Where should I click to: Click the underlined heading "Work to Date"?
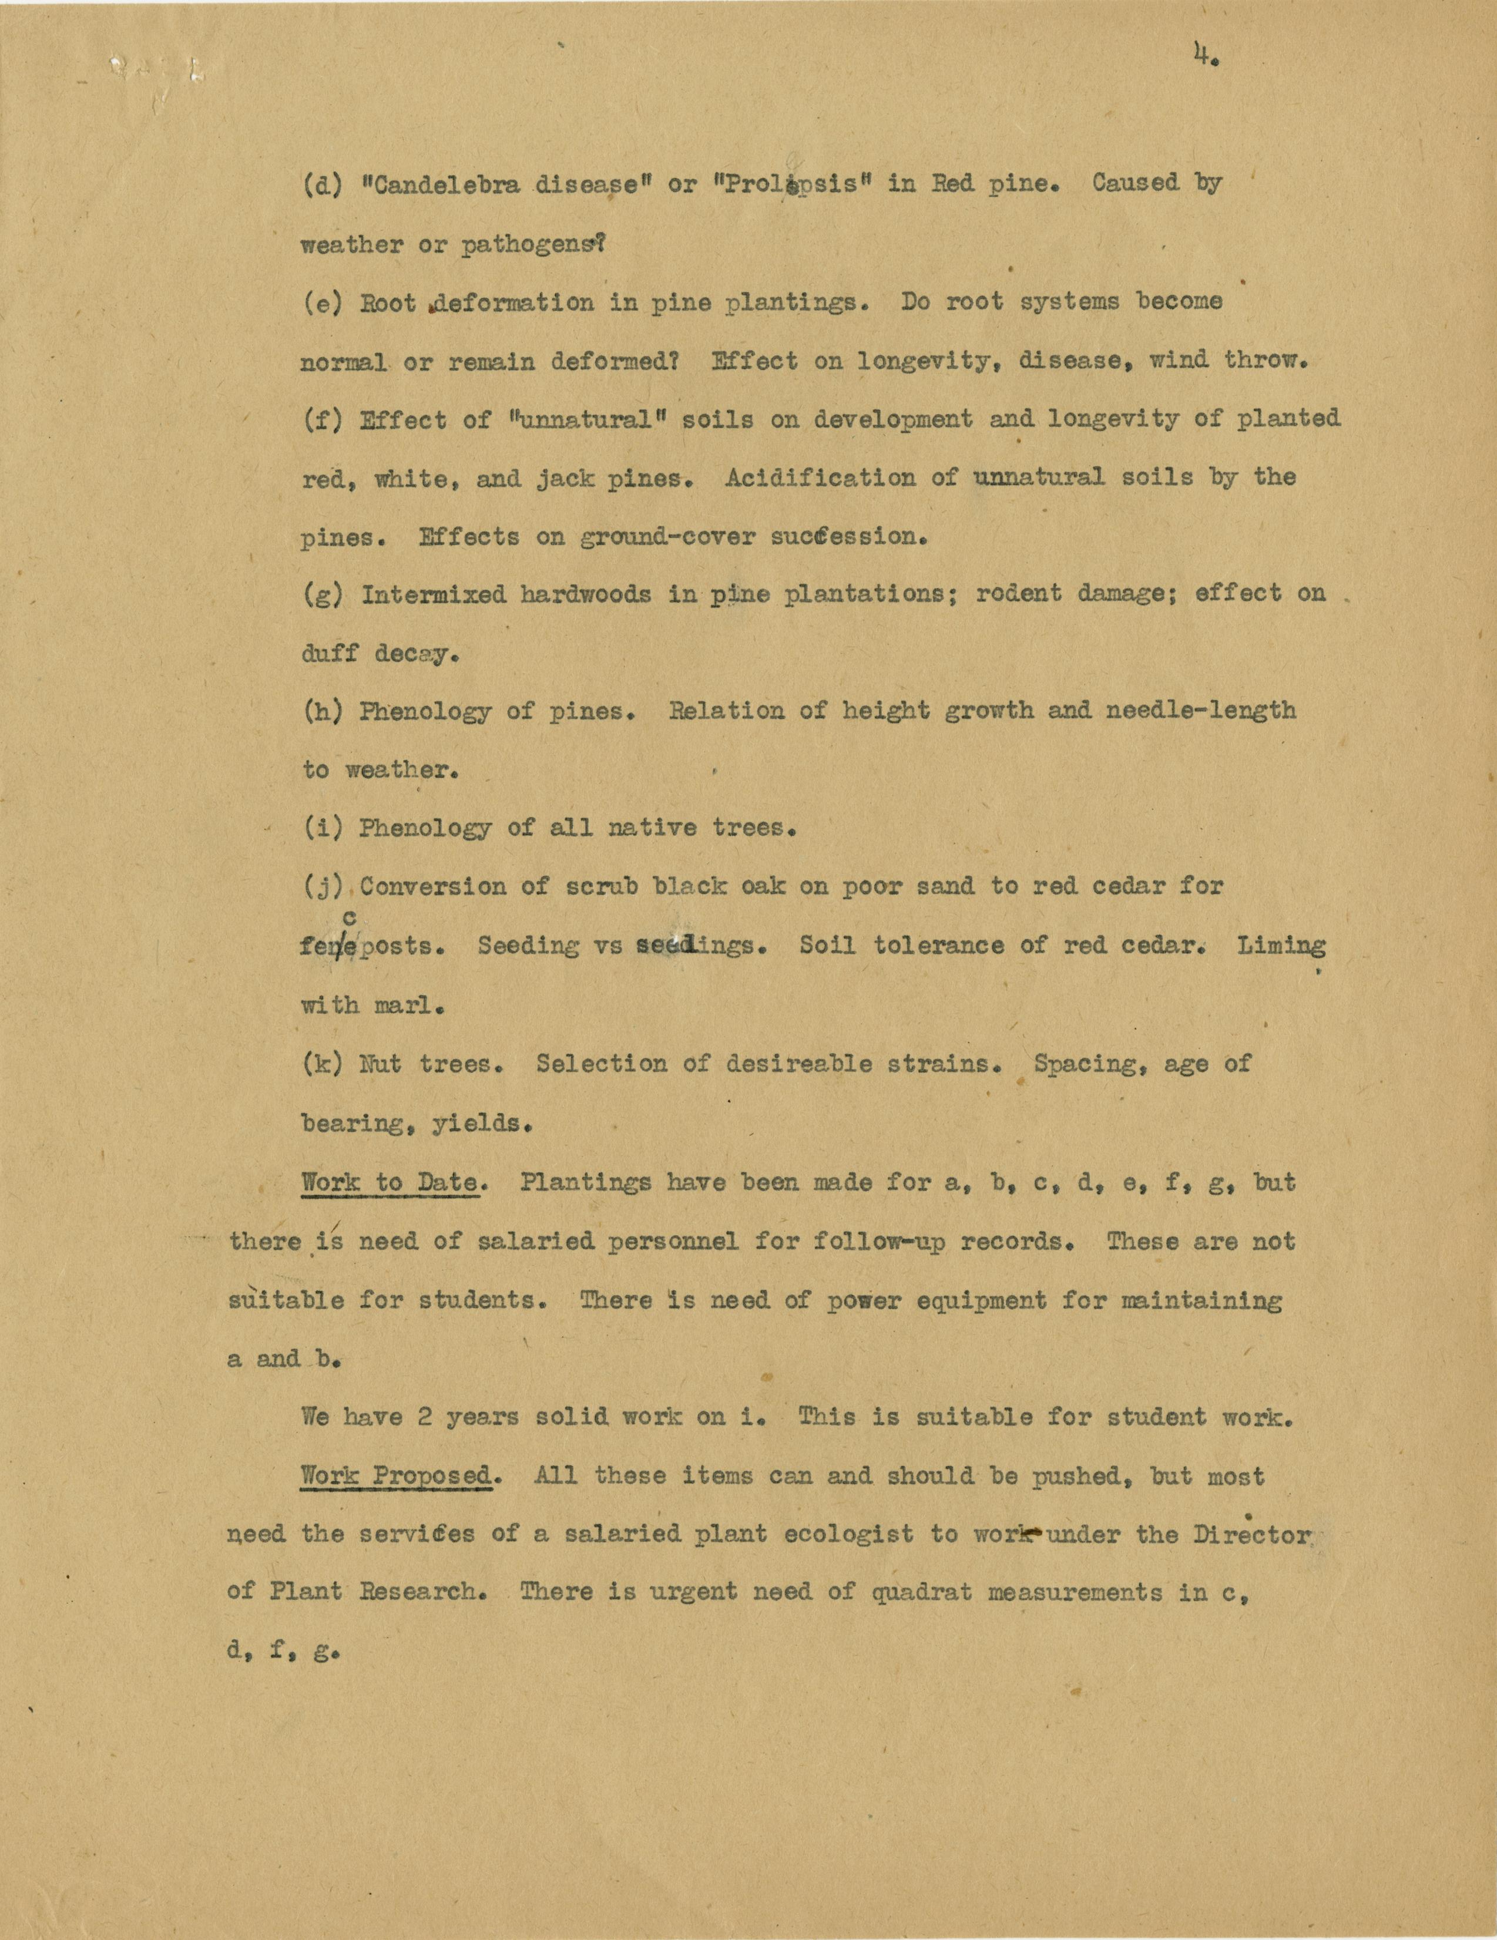[390, 1183]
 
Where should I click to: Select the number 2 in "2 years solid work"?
[425, 1418]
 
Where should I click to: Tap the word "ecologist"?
[848, 1535]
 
